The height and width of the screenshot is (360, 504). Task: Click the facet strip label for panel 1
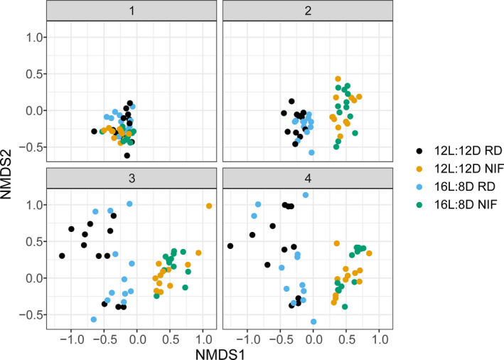133,11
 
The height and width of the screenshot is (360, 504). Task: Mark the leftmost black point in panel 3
62,255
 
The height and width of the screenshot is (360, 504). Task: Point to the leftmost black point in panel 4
230,246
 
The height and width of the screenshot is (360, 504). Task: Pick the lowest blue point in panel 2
311,152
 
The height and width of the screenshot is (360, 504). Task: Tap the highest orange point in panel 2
338,79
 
